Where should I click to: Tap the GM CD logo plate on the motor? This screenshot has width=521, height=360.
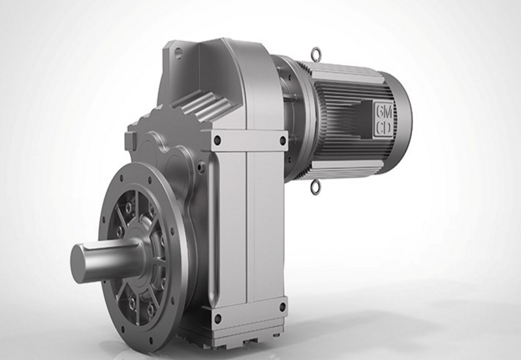(x=384, y=120)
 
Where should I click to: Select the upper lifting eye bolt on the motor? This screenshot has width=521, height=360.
(x=314, y=53)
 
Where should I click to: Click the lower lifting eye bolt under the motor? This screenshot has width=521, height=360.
(x=315, y=187)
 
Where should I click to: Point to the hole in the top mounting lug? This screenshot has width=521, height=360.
(x=178, y=52)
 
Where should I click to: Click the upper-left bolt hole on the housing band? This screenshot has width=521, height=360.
(x=217, y=140)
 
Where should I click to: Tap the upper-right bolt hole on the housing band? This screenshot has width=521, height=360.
(x=283, y=140)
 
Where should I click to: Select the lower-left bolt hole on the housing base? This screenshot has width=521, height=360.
(x=217, y=318)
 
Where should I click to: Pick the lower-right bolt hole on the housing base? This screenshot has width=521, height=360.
(x=282, y=307)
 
